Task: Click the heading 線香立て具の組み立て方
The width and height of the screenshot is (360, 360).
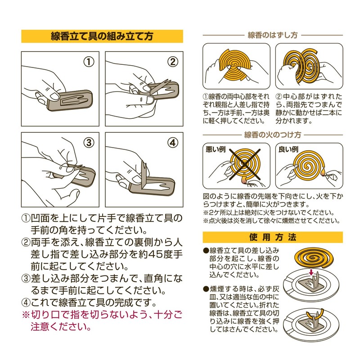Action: (x=102, y=36)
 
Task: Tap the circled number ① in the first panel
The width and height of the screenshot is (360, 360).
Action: (x=89, y=62)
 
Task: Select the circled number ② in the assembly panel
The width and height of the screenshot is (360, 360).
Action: (x=173, y=62)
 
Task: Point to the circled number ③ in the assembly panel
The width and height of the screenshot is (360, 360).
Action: (x=89, y=143)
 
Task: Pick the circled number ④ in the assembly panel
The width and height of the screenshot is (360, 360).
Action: (x=173, y=143)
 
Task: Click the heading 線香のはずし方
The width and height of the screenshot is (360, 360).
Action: (x=273, y=35)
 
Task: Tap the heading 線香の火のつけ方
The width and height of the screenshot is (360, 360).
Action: (x=273, y=135)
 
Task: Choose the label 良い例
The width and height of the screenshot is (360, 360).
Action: (x=288, y=149)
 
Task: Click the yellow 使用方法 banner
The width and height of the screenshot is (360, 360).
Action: (x=273, y=237)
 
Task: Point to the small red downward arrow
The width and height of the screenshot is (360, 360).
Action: (x=311, y=272)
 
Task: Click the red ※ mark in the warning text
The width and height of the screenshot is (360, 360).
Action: (x=26, y=315)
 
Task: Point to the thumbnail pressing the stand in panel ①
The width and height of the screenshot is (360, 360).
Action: (x=54, y=96)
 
